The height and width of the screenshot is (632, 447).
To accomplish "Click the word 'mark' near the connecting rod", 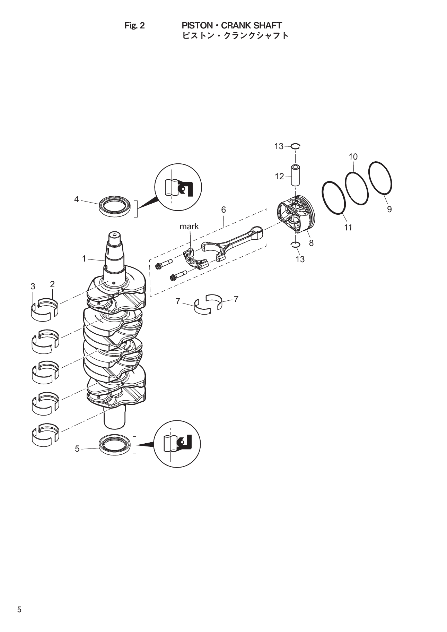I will tap(189, 227).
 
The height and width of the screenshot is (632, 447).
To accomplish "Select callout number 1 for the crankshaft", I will tap(84, 258).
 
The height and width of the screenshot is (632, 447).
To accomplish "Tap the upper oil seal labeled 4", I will tap(115, 207).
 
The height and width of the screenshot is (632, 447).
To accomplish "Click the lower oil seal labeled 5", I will tap(115, 444).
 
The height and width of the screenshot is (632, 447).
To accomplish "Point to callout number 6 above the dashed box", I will tap(223, 210).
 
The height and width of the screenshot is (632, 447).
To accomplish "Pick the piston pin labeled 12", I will tap(295, 176).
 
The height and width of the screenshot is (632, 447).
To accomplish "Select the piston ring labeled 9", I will tap(380, 178).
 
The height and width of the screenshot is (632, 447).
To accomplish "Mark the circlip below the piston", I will tap(295, 245).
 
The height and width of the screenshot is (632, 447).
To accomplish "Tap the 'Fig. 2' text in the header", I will tap(134, 26).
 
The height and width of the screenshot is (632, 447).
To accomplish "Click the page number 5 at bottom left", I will tap(19, 609).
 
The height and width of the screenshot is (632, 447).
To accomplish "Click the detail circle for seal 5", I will tap(177, 443).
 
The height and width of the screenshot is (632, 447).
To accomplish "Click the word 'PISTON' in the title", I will tap(197, 26).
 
